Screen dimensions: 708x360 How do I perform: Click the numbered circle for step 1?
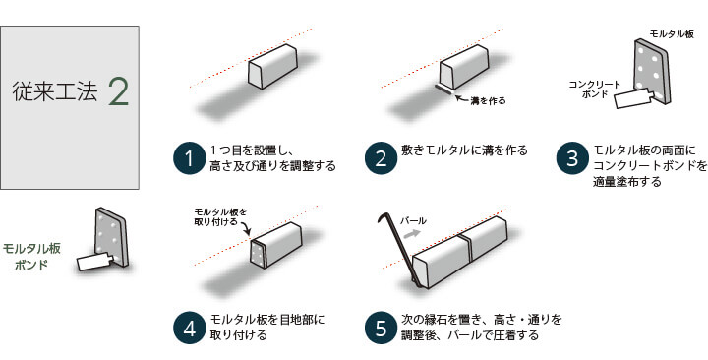click(189, 158)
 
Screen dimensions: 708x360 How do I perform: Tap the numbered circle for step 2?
click(381, 158)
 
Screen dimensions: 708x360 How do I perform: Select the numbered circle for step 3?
click(572, 158)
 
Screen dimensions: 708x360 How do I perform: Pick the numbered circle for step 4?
click(189, 329)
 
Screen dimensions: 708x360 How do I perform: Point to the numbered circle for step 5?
click(381, 329)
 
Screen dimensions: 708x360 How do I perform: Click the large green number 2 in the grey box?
click(119, 91)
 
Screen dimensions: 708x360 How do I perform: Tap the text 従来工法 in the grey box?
click(55, 91)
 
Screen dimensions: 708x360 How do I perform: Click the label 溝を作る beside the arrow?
click(488, 100)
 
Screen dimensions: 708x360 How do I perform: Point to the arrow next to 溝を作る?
click(461, 97)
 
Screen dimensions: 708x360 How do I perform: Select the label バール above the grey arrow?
click(413, 221)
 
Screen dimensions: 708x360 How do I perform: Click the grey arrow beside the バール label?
click(410, 234)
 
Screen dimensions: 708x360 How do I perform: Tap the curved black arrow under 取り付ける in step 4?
click(245, 228)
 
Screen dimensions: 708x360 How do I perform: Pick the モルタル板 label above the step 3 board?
click(672, 34)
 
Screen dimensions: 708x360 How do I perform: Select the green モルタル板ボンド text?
click(31, 256)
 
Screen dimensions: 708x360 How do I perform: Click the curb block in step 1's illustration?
click(273, 66)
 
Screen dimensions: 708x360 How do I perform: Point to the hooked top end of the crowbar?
click(380, 217)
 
